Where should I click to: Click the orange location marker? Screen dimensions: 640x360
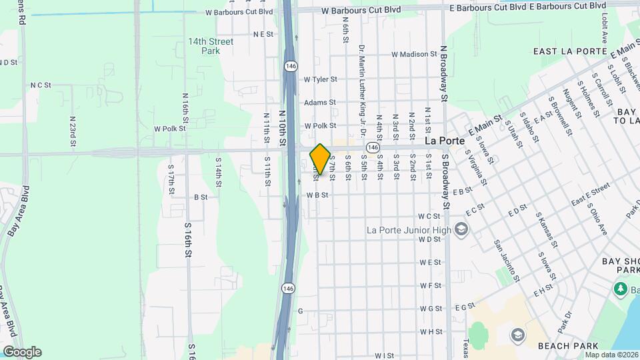(x=320, y=159)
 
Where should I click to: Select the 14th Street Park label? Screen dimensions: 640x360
(x=211, y=46)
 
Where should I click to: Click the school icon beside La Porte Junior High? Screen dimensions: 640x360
(x=461, y=230)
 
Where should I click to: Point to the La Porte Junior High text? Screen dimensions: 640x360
(x=409, y=230)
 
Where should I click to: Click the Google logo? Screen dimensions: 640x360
(x=22, y=352)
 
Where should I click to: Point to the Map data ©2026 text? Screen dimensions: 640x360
(x=612, y=354)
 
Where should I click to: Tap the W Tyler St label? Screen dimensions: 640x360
(x=320, y=79)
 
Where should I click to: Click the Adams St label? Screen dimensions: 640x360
(x=319, y=103)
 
